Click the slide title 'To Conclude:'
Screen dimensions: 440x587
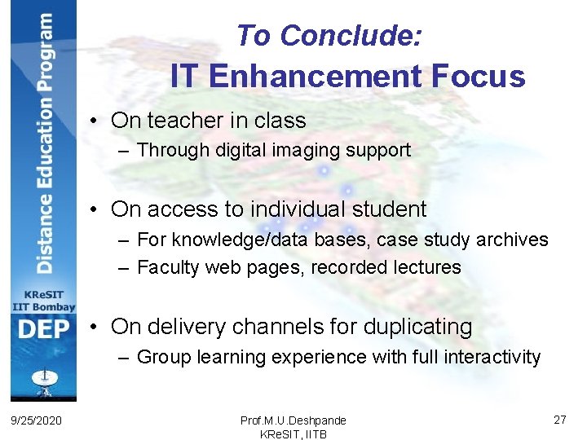pos(329,36)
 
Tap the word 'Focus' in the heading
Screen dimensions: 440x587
pos(478,77)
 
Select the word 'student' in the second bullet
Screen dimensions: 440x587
pos(389,209)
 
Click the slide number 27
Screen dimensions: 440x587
pos(559,419)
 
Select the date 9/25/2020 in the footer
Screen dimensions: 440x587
pos(37,420)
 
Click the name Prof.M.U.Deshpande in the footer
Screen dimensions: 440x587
pos(293,420)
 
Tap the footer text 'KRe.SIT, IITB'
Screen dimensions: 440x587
pos(293,433)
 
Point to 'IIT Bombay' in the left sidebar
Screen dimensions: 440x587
pos(43,307)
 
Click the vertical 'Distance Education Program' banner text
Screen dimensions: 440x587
pos(44,143)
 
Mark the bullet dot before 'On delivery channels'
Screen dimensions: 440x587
pos(96,328)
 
